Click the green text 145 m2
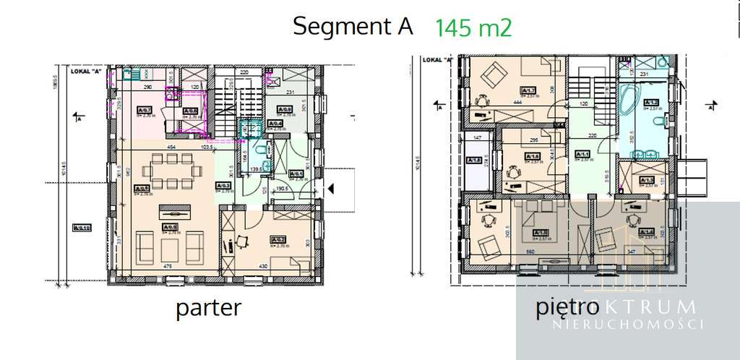point(473,28)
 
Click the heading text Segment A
point(353,27)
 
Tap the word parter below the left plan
point(208,308)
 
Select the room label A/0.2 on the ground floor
point(277,239)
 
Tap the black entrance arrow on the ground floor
point(331,189)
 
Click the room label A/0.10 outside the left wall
point(82,229)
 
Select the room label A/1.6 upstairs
point(533,158)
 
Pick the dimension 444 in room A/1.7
point(517,103)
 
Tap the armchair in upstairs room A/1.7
point(495,74)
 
